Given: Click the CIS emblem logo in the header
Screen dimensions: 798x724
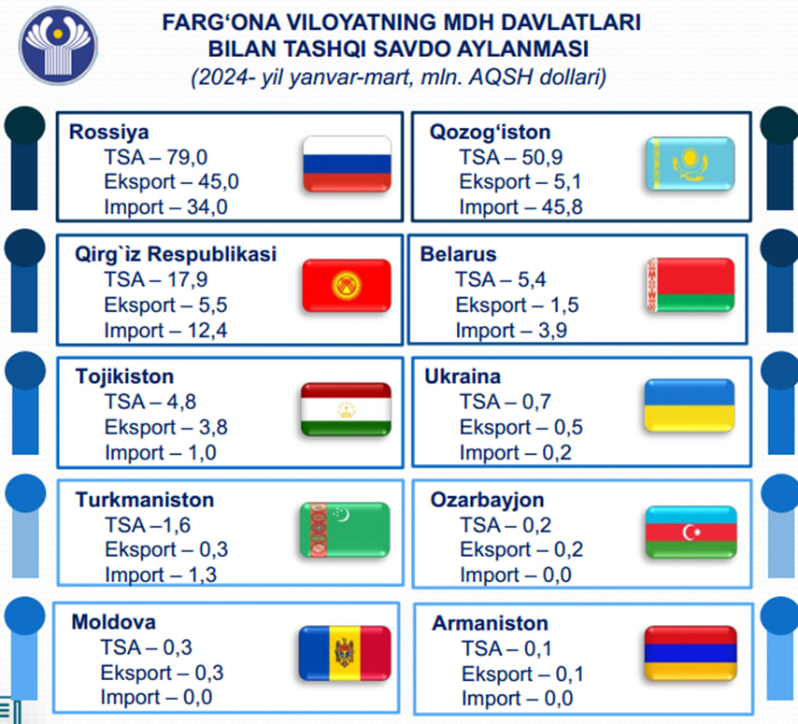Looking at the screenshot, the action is coord(58,46).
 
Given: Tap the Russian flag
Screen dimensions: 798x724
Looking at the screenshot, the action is coord(347,163).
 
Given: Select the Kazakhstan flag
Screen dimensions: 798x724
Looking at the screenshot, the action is coord(691,163).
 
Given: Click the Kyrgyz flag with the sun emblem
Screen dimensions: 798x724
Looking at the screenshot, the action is coord(347,286).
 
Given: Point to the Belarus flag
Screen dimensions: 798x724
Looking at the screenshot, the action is coord(691,285).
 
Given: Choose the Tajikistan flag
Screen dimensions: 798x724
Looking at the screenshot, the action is coord(346,409).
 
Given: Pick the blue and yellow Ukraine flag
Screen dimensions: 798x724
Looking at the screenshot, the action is coord(690,405).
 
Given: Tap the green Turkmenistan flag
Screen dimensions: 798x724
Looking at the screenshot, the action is coord(345,530).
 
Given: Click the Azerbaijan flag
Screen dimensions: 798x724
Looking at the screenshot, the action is coord(691,532).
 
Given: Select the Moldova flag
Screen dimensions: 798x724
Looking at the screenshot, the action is coord(345,653).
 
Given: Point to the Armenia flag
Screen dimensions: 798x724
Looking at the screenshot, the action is coord(691,653).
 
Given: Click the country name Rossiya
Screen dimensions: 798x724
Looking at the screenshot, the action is coord(109,132).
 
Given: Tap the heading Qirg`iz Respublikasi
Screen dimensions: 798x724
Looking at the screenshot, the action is coord(176,254).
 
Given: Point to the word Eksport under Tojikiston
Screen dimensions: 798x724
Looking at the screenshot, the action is coord(140,427).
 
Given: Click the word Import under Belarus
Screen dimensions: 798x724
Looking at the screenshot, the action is coord(485,330).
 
